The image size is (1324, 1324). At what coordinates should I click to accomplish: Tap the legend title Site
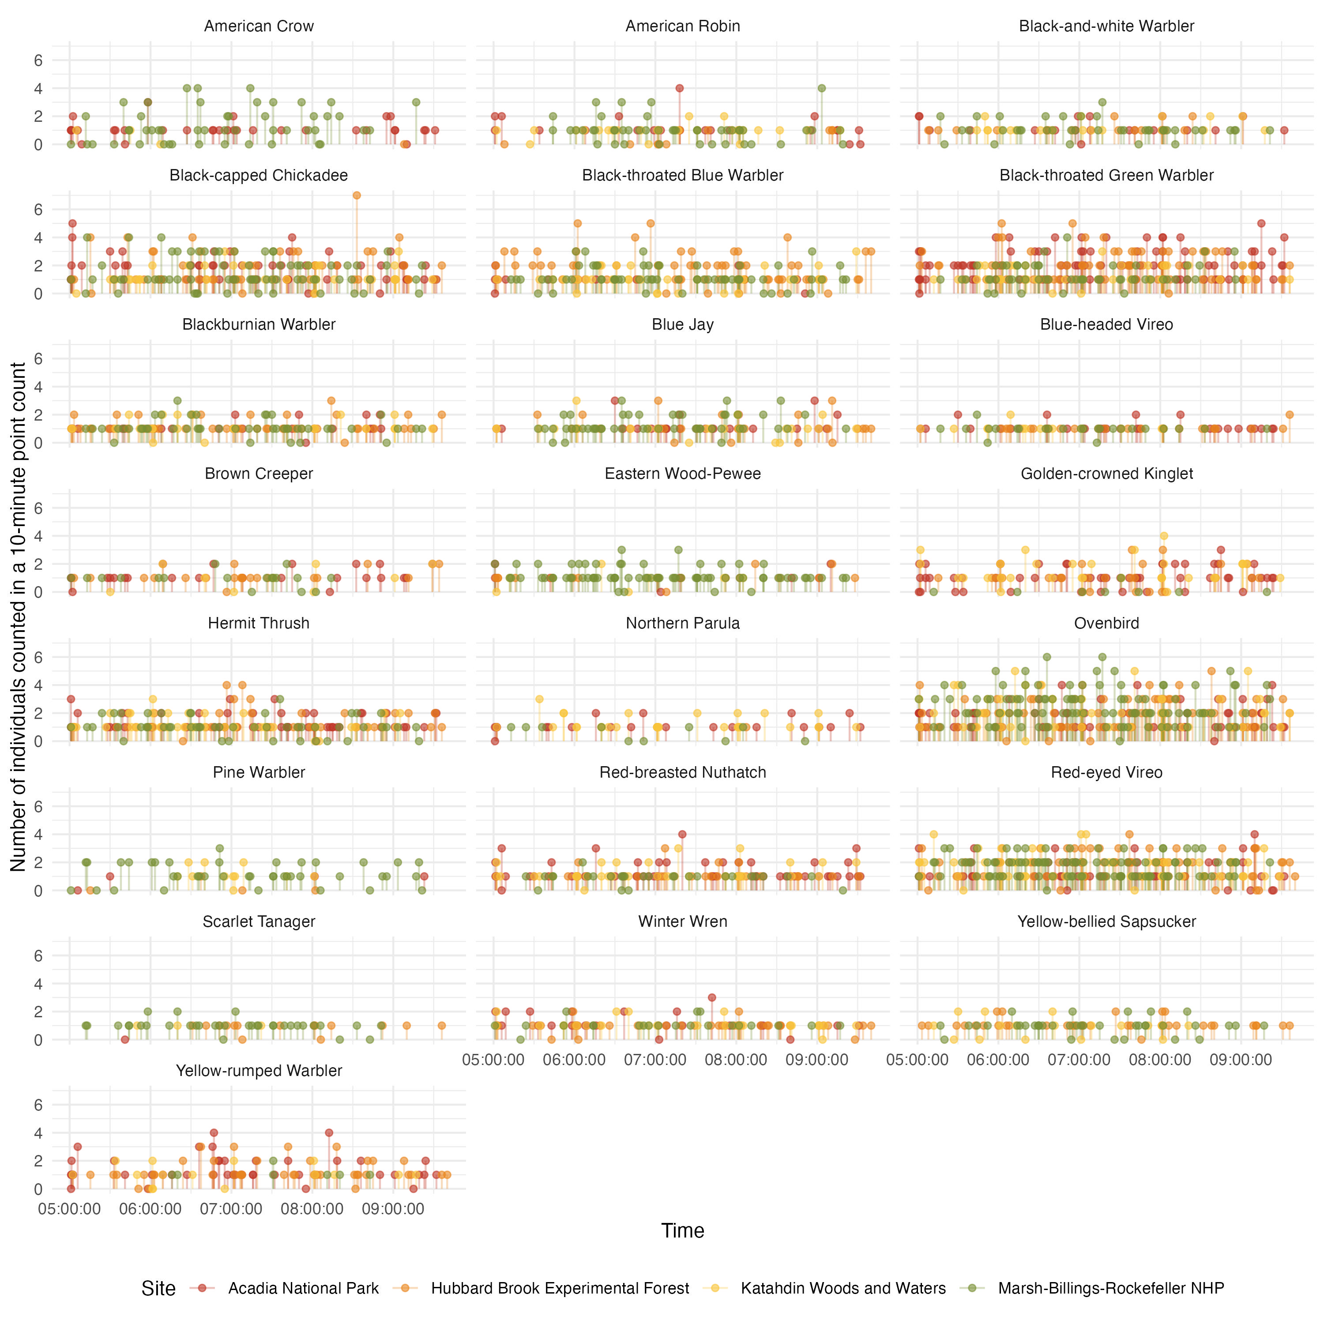[158, 1289]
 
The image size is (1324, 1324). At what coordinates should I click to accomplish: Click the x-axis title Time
[683, 1231]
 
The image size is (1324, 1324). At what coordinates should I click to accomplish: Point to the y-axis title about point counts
[19, 617]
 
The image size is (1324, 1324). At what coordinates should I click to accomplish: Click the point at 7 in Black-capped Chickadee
[356, 196]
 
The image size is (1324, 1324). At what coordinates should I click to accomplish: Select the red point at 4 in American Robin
[679, 88]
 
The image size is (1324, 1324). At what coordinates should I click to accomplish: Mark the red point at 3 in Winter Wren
[712, 998]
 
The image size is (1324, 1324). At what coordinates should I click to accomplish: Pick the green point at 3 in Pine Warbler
[219, 848]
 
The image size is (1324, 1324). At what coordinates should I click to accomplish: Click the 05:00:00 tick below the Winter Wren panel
[493, 1060]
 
